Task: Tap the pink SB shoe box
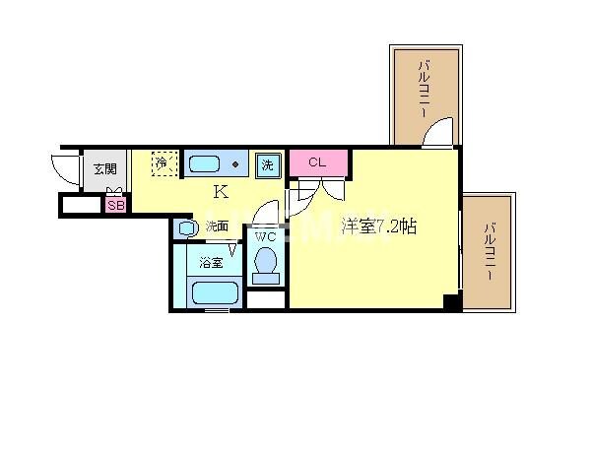click(x=115, y=206)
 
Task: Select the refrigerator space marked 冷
click(x=163, y=162)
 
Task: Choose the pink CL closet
click(x=317, y=162)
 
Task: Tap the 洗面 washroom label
click(x=218, y=226)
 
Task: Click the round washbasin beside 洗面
click(x=188, y=227)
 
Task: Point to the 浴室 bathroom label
click(x=210, y=263)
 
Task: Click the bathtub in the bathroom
click(x=215, y=292)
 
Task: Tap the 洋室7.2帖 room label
click(x=378, y=226)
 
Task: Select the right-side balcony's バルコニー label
click(x=490, y=254)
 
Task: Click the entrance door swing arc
click(x=63, y=170)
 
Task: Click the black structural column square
click(x=451, y=302)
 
